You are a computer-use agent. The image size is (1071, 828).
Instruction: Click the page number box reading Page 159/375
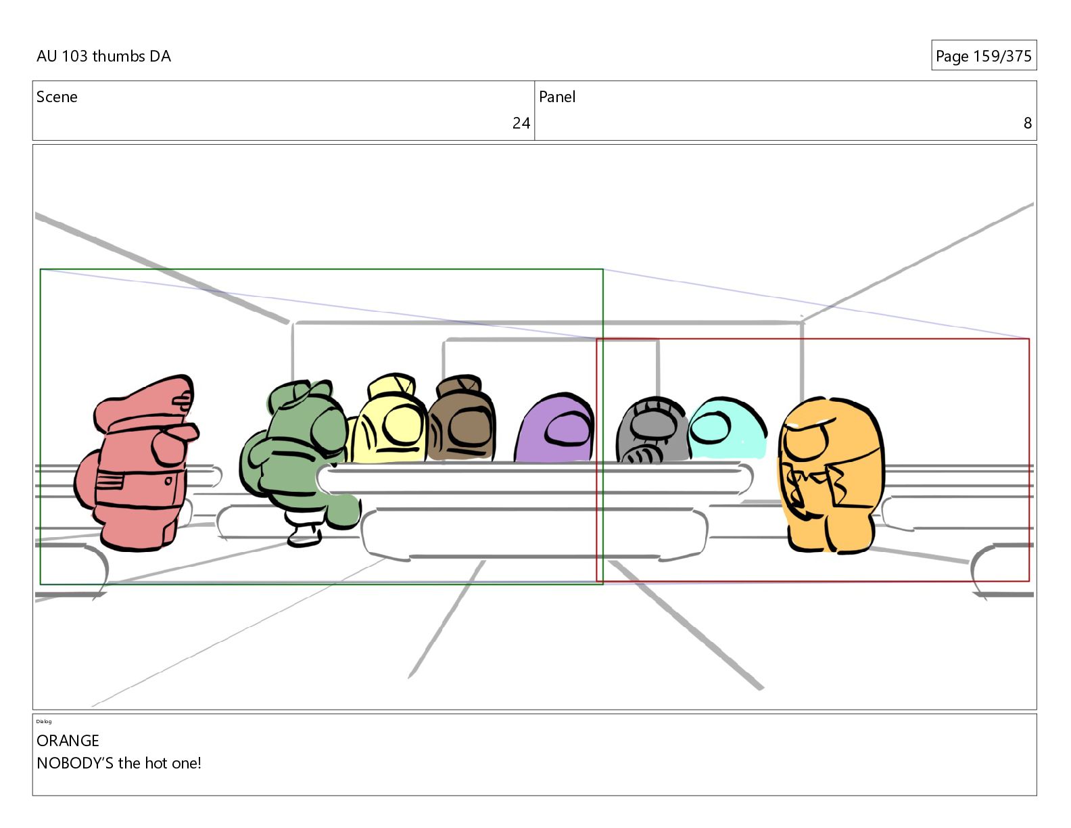pyautogui.click(x=984, y=55)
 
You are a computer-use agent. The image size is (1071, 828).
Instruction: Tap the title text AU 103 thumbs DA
pyautogui.click(x=103, y=56)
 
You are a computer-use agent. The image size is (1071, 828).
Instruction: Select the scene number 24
pyautogui.click(x=521, y=123)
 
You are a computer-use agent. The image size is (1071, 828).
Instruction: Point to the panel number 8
pyautogui.click(x=1028, y=123)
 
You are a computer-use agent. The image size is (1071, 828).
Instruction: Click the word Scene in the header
pyautogui.click(x=57, y=97)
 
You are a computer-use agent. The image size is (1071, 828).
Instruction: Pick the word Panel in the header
pyautogui.click(x=557, y=97)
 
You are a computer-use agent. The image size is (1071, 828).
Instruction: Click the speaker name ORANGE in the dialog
pyautogui.click(x=68, y=741)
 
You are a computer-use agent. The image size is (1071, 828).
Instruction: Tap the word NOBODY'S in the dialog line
pyautogui.click(x=75, y=763)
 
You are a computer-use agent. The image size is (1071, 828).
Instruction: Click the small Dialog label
pyautogui.click(x=44, y=722)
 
